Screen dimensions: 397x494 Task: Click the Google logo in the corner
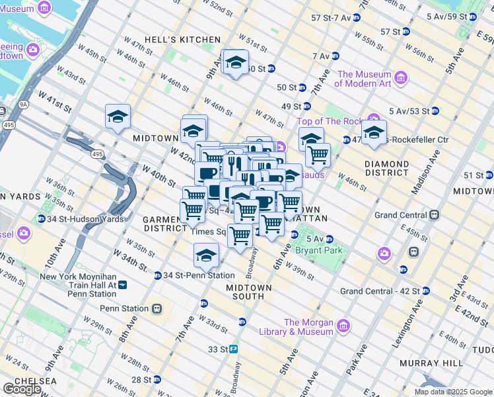(x=21, y=388)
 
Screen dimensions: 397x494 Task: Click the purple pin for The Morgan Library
(x=343, y=326)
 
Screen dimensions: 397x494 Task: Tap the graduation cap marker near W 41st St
(x=118, y=117)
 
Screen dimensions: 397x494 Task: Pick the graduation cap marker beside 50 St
(x=235, y=62)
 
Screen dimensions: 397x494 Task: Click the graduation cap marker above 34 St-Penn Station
(x=206, y=255)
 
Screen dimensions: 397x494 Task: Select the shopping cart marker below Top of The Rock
(x=318, y=154)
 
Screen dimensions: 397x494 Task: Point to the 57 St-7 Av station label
(x=325, y=16)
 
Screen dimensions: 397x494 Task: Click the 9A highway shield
(x=24, y=104)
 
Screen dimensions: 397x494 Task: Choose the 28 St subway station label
(x=142, y=380)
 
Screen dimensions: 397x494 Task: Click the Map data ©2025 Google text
(x=452, y=392)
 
